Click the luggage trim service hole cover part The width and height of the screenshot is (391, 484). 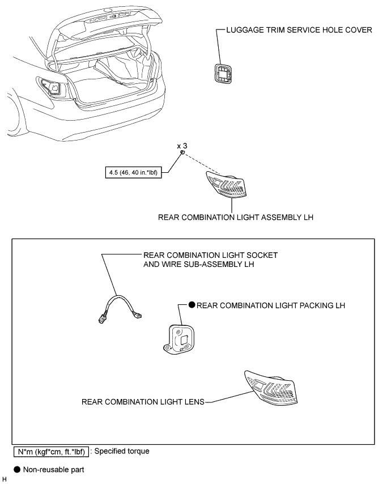point(223,73)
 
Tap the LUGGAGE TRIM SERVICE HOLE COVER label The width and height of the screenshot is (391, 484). point(299,30)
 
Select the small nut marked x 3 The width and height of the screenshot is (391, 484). point(182,152)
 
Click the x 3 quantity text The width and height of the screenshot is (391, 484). point(182,146)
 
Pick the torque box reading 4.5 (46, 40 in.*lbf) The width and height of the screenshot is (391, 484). point(133,172)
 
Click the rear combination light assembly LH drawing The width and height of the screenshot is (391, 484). point(226,184)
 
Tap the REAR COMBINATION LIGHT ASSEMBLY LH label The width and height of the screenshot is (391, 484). point(236,217)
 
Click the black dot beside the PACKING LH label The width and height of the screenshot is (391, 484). point(192,305)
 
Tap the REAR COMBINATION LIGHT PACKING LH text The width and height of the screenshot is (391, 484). point(271,305)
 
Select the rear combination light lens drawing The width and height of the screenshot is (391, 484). point(271,388)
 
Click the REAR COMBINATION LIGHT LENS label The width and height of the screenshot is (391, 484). point(143,402)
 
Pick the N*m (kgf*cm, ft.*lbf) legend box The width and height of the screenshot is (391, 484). point(51,452)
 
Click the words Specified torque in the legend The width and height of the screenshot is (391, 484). point(122,451)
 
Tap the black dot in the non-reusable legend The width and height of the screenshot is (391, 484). point(17,469)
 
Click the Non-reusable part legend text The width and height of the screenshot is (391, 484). point(54,470)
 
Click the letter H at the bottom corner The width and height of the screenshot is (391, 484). point(4,479)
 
